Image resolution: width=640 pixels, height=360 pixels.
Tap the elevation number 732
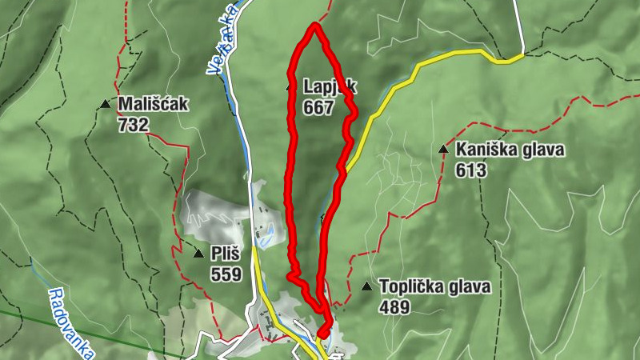tap(133, 124)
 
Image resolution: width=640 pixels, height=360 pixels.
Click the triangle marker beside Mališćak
tap(105, 104)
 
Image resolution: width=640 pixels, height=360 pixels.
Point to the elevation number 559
tap(226, 274)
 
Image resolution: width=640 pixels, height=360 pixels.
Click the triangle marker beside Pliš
tap(198, 254)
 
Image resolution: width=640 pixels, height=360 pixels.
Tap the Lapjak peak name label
tap(328, 86)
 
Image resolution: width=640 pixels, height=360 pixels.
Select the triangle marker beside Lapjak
tap(290, 86)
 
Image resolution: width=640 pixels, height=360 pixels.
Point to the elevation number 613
tap(471, 170)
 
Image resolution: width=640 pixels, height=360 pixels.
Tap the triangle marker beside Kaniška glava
tap(442, 149)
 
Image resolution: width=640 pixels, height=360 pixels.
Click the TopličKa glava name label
tap(434, 286)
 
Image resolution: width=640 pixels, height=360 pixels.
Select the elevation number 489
tap(395, 307)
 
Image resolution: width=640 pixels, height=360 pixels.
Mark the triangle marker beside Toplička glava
tap(366, 286)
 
